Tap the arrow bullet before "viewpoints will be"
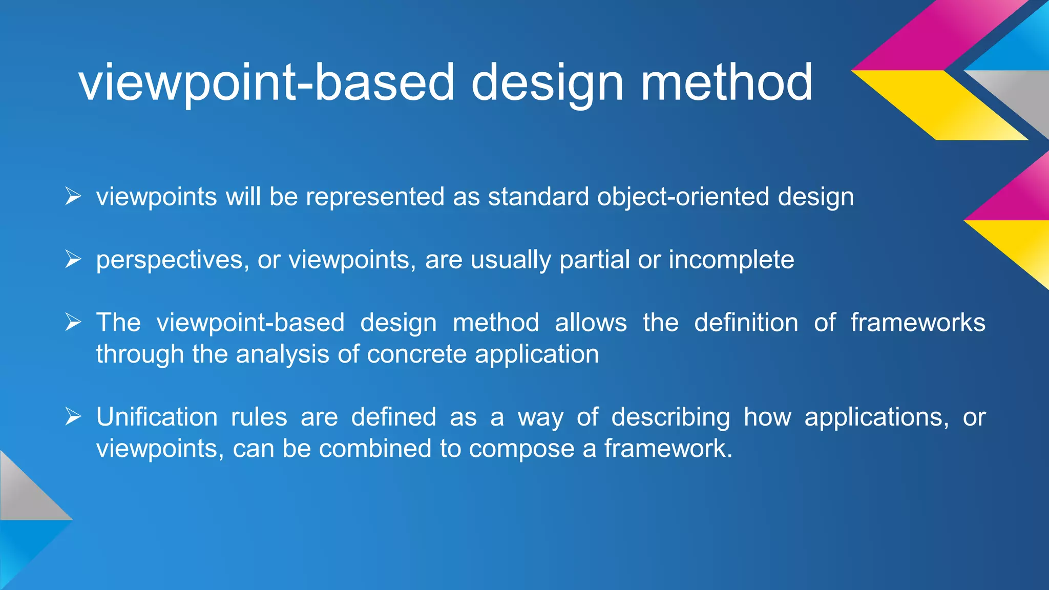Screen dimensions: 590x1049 coord(73,196)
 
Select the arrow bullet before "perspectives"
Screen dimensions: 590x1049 coord(73,259)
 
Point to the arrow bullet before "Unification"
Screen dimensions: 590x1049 coord(73,416)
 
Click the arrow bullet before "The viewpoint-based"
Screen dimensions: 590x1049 coord(73,322)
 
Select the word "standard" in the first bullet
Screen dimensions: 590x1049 coord(538,197)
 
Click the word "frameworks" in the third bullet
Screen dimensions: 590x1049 coord(918,323)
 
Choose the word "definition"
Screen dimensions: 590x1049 coord(746,323)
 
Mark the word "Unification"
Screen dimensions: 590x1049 coord(157,417)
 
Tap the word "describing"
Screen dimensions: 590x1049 coord(670,417)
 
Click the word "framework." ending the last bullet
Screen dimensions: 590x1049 coord(668,449)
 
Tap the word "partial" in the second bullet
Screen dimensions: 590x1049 coord(594,260)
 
